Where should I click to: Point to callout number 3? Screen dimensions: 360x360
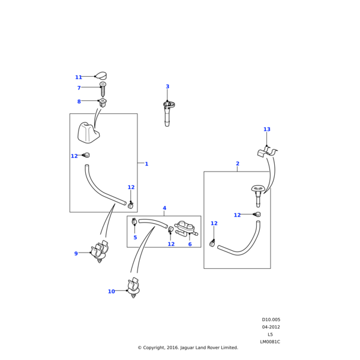coord(167,87)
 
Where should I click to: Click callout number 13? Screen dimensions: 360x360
coord(267,130)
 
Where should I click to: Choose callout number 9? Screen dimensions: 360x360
coord(76,254)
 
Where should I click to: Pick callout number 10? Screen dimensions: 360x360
coord(111,292)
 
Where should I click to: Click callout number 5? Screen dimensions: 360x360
coord(135,238)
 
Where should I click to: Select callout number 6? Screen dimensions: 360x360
coord(190,244)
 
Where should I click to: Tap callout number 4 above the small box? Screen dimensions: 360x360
coord(164,209)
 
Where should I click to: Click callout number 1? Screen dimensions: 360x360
coord(146,164)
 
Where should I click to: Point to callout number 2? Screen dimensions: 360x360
coord(238,164)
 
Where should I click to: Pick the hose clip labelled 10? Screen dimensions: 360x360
coord(133,287)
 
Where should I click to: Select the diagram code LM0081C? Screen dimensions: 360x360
coord(270,341)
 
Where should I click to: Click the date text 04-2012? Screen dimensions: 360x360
coord(271,327)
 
